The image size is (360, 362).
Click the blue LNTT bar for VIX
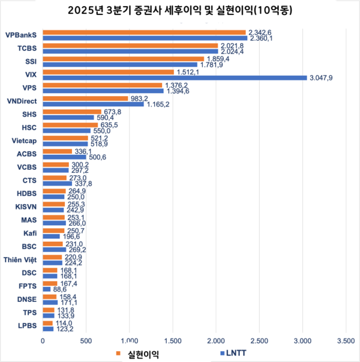click(174, 77)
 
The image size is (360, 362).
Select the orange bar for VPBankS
click(144, 32)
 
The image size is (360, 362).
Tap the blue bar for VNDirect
click(93, 104)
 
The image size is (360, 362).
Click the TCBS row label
click(29, 49)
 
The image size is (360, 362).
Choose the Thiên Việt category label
click(22, 259)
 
